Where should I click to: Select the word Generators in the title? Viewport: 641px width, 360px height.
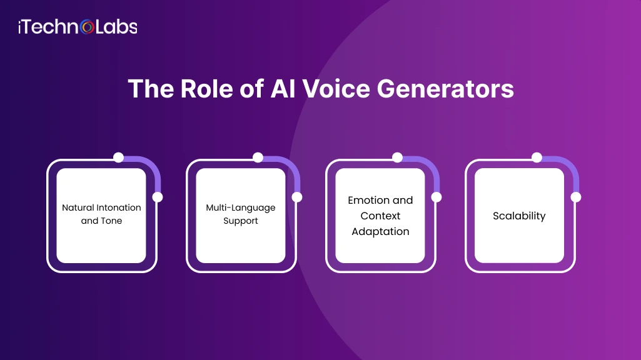point(446,89)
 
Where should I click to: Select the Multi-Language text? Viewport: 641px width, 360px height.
point(241,207)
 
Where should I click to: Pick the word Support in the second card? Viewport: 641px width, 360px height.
point(241,221)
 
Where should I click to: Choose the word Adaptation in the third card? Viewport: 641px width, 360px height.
point(380,231)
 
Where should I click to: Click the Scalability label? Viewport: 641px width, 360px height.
point(519,216)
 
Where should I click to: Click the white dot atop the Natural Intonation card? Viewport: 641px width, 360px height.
point(118,157)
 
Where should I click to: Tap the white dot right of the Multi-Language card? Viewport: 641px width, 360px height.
point(297,197)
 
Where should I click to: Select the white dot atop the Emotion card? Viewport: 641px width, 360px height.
point(397,157)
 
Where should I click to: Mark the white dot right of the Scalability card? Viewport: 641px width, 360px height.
point(576,197)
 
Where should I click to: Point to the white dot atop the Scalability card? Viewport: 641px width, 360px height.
point(537,157)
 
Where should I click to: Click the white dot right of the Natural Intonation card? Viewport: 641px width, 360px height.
point(158,197)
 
